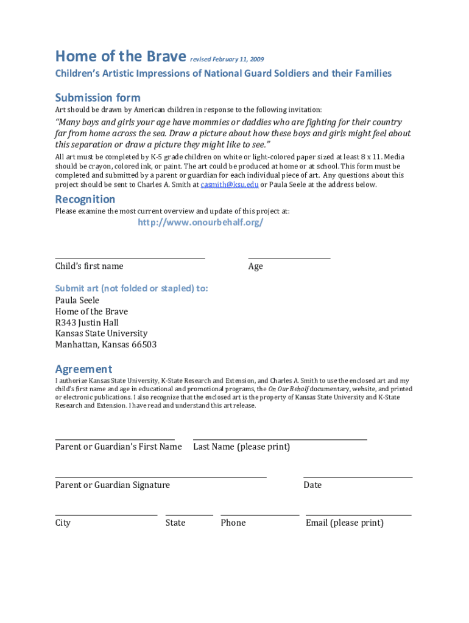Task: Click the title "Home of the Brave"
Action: click(x=120, y=57)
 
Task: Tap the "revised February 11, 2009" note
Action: click(x=227, y=60)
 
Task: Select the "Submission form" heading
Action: click(x=97, y=97)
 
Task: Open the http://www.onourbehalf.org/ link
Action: click(x=200, y=222)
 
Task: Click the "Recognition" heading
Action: click(x=85, y=199)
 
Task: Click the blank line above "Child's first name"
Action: click(x=130, y=257)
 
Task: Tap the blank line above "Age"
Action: click(x=289, y=257)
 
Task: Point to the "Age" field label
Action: click(x=256, y=266)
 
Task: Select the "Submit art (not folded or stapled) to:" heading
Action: click(x=132, y=288)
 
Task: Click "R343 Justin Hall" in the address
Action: click(x=87, y=322)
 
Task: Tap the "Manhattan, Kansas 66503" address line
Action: click(x=106, y=344)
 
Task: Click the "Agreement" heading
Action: click(x=83, y=369)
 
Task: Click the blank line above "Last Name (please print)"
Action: click(x=280, y=438)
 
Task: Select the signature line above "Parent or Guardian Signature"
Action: click(x=161, y=476)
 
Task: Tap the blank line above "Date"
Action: click(x=358, y=476)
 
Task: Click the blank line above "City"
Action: click(x=106, y=515)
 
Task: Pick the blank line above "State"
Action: click(x=189, y=515)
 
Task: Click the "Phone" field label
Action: click(x=233, y=523)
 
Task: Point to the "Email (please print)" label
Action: click(x=345, y=523)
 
